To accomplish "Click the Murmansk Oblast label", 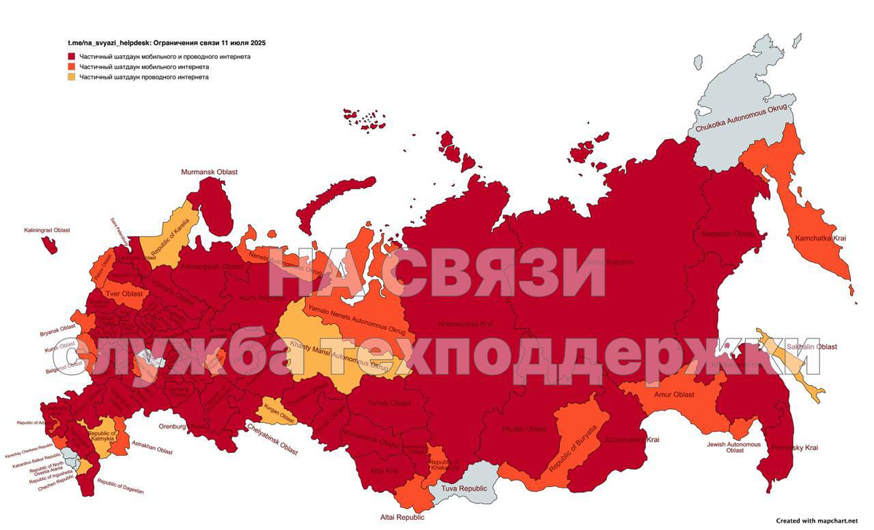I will [209, 172].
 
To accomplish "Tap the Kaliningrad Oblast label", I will [47, 230].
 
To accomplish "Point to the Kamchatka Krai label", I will [819, 238].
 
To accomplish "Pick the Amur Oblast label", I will [673, 395].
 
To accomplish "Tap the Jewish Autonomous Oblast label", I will [734, 447].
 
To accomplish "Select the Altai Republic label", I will [401, 518].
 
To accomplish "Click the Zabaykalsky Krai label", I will [632, 440].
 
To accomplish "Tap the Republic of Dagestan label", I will [120, 487].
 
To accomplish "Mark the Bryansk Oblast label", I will [58, 333].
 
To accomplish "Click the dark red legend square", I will [72, 56].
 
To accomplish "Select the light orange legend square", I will [72, 76].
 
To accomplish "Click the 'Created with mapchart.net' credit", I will [822, 521].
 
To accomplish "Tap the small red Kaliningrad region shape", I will [50, 245].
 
